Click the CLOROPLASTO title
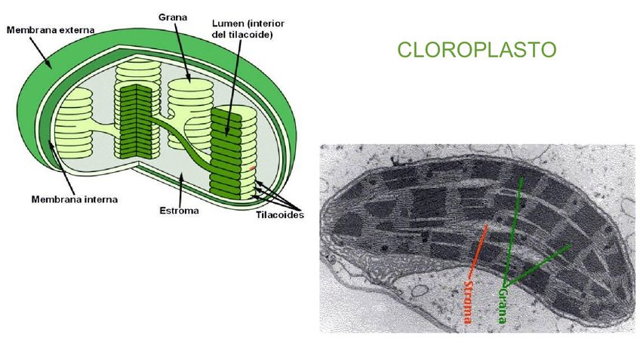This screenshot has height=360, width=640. [x=476, y=50]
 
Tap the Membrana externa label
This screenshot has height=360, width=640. [x=51, y=30]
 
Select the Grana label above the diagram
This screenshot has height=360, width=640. [x=174, y=16]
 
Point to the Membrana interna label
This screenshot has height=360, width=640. [x=69, y=200]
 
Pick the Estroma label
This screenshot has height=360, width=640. [x=180, y=211]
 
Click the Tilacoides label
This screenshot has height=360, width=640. [x=279, y=215]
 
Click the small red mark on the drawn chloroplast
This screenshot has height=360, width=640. [x=254, y=168]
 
